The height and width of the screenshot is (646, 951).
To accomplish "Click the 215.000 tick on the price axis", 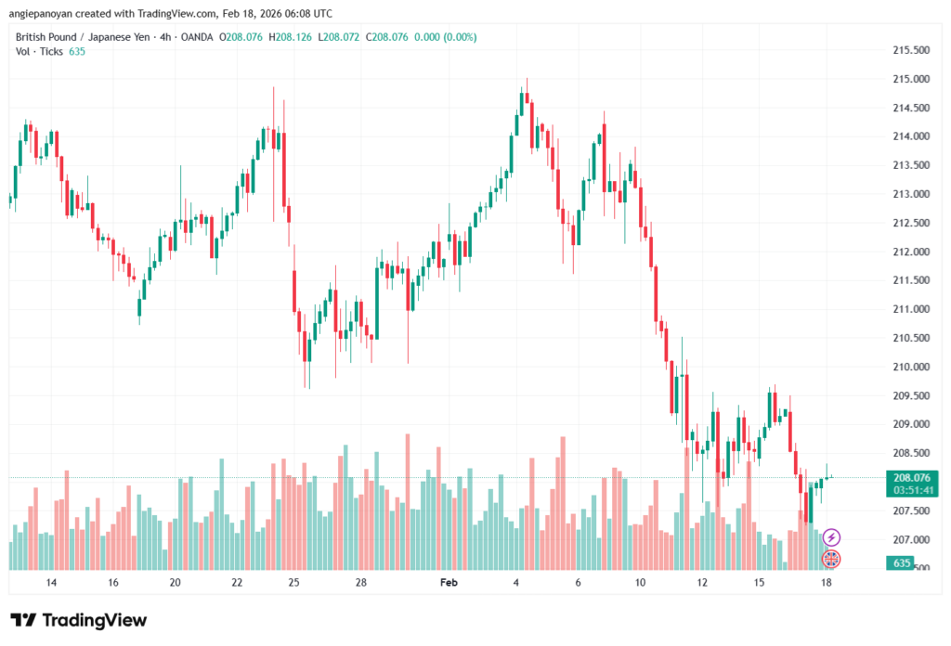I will [911, 79].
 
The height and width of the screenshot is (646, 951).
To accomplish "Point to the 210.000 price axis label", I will [911, 367].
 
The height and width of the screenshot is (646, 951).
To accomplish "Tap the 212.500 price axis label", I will [911, 223].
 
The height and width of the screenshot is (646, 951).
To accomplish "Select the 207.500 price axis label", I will [911, 510].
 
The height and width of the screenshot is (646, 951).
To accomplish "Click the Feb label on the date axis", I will [449, 583].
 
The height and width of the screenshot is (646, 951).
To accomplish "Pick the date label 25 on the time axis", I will [293, 583].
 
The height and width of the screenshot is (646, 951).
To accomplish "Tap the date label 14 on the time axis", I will [50, 583].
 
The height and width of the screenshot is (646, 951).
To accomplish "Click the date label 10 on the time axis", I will [640, 583].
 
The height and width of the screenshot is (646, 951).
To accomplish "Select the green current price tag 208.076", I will [911, 477].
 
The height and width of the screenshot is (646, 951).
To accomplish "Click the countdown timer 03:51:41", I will [911, 490].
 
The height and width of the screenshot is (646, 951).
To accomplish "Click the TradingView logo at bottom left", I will [78, 620].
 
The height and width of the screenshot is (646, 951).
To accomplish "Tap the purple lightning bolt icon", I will [832, 537].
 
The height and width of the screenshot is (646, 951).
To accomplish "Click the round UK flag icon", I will [832, 559].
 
